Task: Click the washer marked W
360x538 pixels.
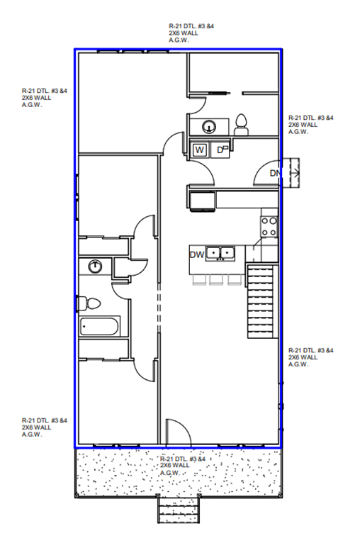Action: pos(200,150)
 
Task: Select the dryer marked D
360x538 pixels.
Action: pos(220,150)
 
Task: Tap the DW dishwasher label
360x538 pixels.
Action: pos(197,254)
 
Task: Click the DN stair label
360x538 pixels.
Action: pos(275,173)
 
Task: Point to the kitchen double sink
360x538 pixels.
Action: pos(220,254)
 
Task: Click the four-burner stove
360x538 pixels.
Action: pos(269,226)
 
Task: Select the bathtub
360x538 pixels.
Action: pos(99,326)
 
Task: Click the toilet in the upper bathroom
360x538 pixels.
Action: pos(241,125)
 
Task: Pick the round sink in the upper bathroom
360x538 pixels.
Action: pos(209,127)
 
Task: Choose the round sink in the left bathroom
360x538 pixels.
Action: pos(95,267)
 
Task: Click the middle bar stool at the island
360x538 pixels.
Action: pos(216,280)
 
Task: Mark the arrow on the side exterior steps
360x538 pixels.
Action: pos(295,172)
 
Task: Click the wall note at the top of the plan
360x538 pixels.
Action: pos(191,33)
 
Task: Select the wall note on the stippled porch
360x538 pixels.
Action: pos(183,466)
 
